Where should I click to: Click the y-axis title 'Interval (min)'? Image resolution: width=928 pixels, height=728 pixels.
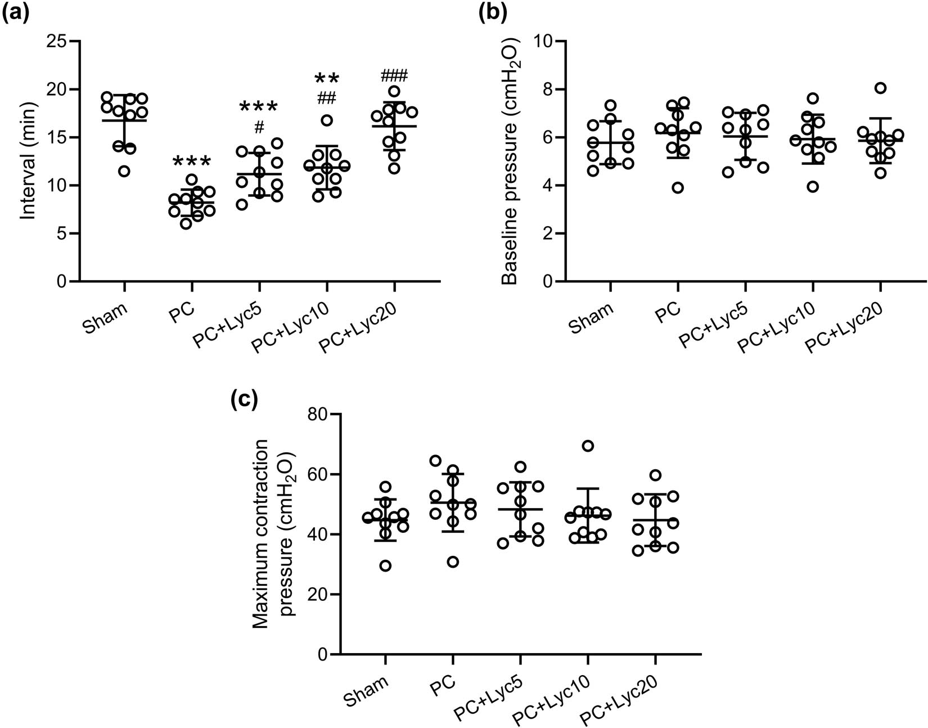click(x=28, y=162)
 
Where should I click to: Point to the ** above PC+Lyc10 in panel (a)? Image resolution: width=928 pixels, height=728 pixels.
click(x=327, y=79)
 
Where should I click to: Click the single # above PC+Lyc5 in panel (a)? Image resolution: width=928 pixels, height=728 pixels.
click(x=259, y=128)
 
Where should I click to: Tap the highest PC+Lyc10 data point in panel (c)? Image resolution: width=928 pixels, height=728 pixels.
click(x=588, y=446)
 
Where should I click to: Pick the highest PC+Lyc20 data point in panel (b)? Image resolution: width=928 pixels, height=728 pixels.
click(x=880, y=88)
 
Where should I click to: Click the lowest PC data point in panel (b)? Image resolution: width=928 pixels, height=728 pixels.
click(x=678, y=187)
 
